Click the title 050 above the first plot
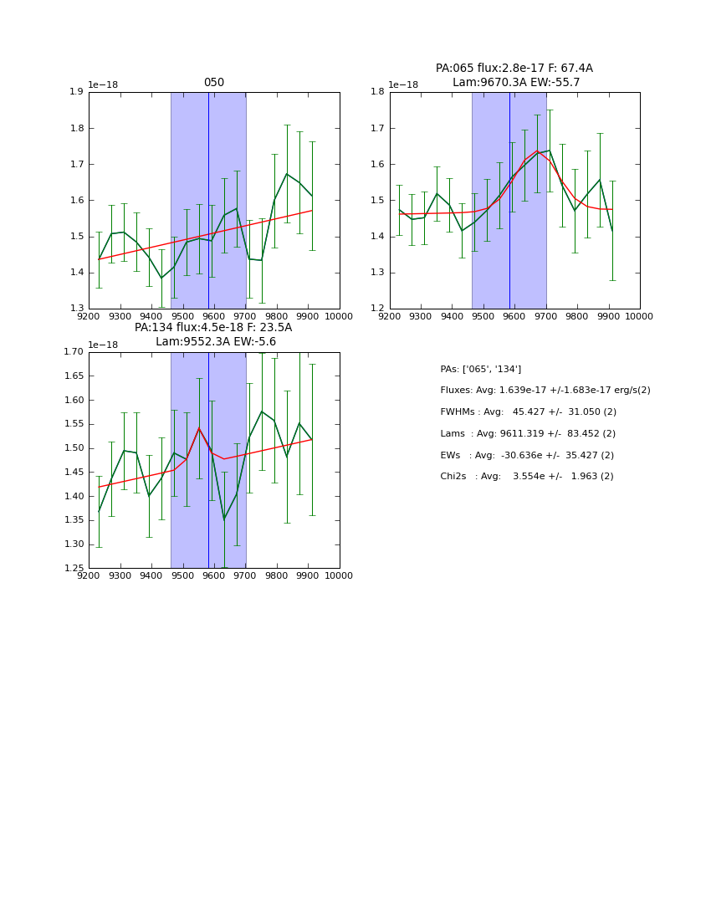pos(214,83)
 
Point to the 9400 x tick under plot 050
pos(151,316)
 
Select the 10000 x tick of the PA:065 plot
pos(640,316)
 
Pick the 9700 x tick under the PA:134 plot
pos(245,575)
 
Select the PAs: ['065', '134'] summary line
pos(480,369)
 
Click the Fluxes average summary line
pos(545,391)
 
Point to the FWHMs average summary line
pos(528,411)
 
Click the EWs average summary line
pos(527,455)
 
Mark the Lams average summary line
pos(527,433)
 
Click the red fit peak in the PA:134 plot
pos(199,428)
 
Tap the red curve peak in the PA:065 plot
pos(537,151)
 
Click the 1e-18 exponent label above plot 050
pos(104,84)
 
